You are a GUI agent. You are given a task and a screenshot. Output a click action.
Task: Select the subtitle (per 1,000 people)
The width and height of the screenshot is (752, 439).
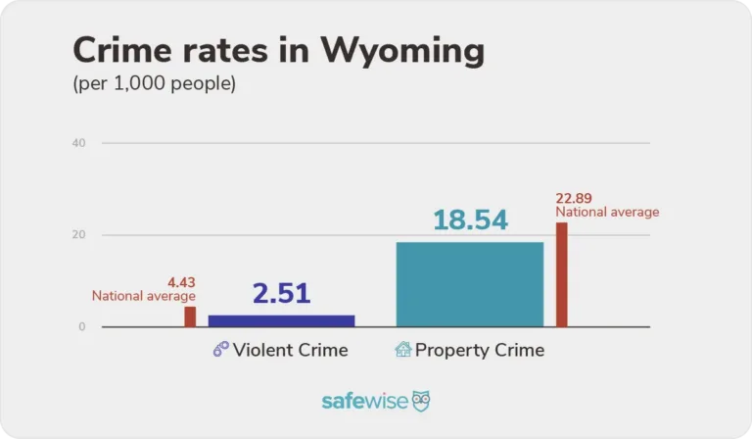154,84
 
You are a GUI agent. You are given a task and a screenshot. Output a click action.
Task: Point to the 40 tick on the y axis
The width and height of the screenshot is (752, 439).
79,143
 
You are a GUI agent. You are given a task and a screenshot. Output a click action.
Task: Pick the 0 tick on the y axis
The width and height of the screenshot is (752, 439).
82,326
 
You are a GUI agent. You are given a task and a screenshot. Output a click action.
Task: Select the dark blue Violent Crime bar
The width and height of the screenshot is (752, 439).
281,320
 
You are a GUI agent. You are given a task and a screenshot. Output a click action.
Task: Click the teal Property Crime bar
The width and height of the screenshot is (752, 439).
469,284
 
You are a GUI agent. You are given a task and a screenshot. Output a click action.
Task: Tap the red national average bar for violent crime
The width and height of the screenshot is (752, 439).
190,317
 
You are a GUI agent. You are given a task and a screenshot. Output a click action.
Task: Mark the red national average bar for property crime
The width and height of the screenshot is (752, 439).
562,274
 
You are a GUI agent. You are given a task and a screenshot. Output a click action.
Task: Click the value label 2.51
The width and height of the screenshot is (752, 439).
281,293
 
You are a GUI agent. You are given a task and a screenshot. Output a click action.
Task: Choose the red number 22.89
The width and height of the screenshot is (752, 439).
575,198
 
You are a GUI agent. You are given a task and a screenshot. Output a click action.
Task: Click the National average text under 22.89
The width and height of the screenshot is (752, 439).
607,212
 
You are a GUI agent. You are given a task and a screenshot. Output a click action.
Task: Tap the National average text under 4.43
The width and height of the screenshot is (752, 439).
144,296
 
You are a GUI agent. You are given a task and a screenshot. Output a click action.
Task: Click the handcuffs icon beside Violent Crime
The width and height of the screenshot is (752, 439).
220,350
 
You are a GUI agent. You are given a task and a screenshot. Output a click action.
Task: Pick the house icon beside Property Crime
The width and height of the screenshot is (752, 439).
402,350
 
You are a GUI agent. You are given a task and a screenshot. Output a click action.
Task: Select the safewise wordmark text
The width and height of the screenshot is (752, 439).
364,402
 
